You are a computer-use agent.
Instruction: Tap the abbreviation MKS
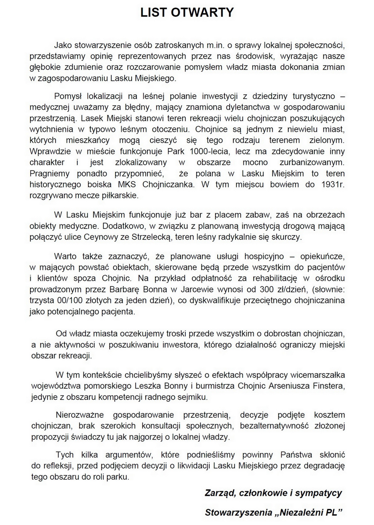coord(127,184)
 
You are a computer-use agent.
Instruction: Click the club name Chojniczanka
coord(168,184)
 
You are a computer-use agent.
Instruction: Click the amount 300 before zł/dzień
coord(266,289)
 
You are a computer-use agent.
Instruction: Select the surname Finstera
coord(330,386)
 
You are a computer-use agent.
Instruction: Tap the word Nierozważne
coord(80,415)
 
